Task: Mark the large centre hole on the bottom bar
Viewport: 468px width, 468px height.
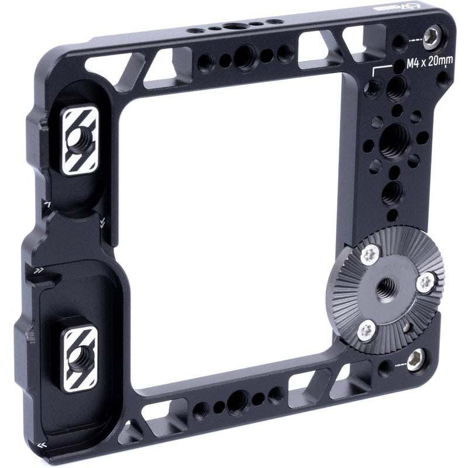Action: click(237, 401)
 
